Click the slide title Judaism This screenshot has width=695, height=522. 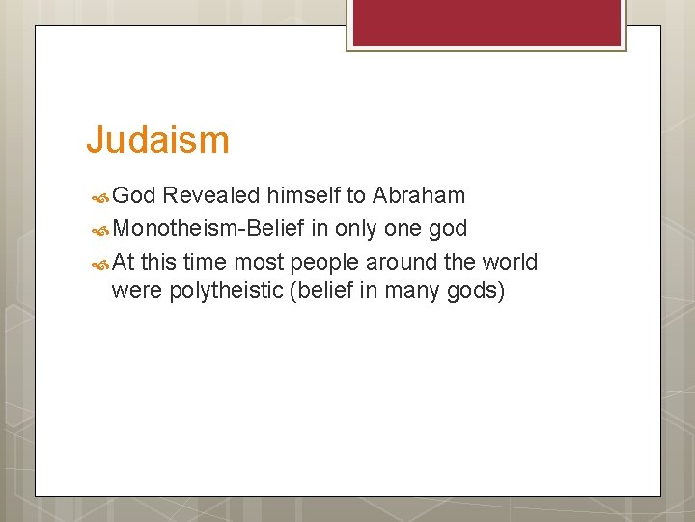[x=157, y=140]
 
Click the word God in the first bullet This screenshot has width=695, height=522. [x=134, y=196]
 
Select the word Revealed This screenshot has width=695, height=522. [x=211, y=196]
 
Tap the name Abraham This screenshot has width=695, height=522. [x=419, y=196]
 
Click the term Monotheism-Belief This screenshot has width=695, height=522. [x=208, y=229]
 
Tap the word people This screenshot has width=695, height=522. [x=325, y=262]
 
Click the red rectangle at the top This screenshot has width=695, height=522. [x=486, y=22]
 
